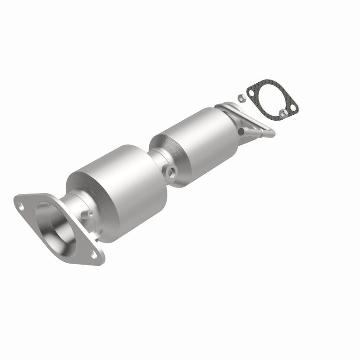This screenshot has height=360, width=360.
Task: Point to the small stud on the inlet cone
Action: click(90, 213)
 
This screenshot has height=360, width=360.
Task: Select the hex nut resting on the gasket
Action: click(283, 112)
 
